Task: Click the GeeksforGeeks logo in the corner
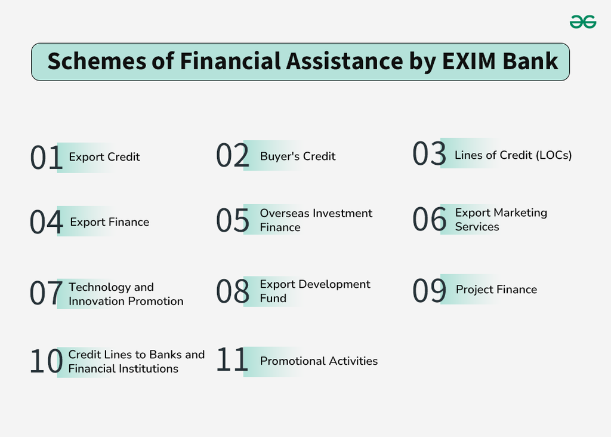pyautogui.click(x=582, y=22)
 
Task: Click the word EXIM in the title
pyautogui.click(x=467, y=61)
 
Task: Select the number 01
pyautogui.click(x=47, y=158)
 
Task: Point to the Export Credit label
pyautogui.click(x=104, y=157)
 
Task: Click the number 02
pyautogui.click(x=233, y=156)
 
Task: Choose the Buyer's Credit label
pyautogui.click(x=298, y=156)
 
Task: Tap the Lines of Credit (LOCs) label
pyautogui.click(x=513, y=155)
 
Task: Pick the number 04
pyautogui.click(x=47, y=223)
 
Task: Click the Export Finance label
pyautogui.click(x=110, y=222)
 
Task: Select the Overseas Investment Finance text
pyautogui.click(x=316, y=220)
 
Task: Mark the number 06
pyautogui.click(x=430, y=220)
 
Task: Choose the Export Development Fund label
pyautogui.click(x=315, y=291)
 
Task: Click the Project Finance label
pyautogui.click(x=496, y=290)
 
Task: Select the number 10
pyautogui.click(x=47, y=362)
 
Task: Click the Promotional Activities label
pyautogui.click(x=319, y=361)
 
